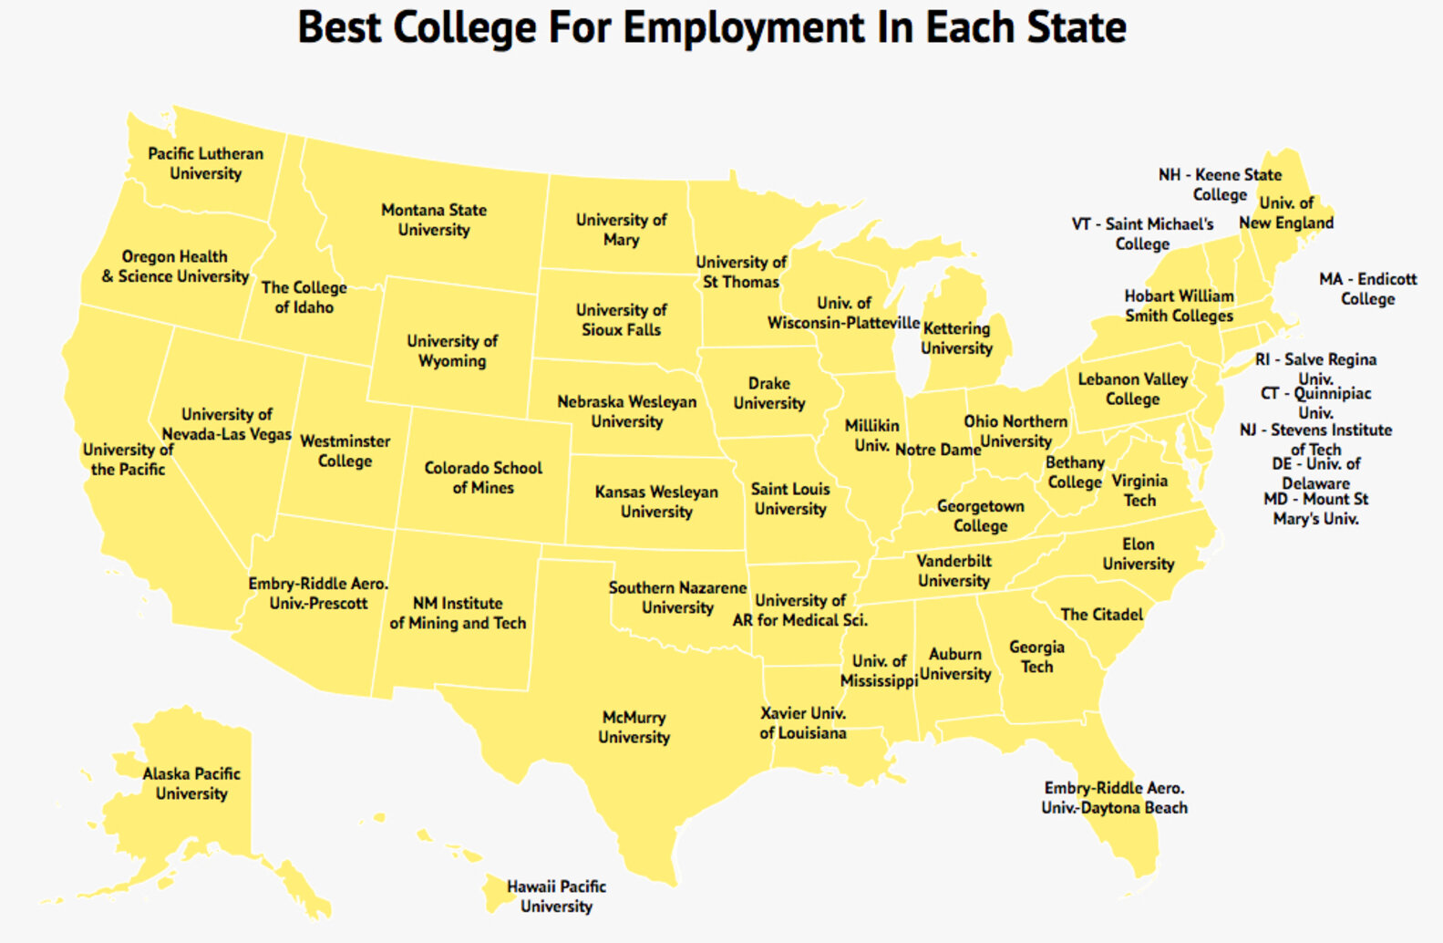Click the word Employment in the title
[742, 28]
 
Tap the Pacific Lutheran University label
[206, 163]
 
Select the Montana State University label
[434, 220]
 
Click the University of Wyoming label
[452, 350]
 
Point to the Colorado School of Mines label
[483, 477]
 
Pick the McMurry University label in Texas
[634, 727]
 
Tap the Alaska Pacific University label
[191, 782]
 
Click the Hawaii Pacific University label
[556, 896]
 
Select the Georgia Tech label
[1036, 656]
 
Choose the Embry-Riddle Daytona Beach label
[1114, 797]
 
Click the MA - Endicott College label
[1367, 288]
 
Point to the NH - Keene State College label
[1220, 184]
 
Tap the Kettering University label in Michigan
[956, 337]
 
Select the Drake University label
[769, 393]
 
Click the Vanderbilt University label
[953, 570]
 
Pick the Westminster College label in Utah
[345, 451]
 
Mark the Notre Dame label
[937, 450]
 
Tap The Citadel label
[1101, 614]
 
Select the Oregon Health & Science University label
[175, 266]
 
